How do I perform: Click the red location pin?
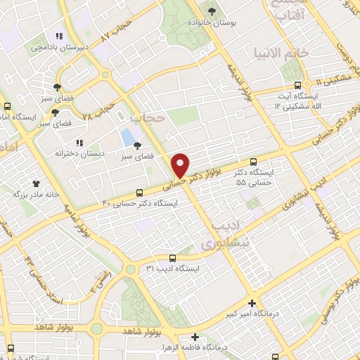181,165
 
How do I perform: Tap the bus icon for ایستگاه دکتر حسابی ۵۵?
254,160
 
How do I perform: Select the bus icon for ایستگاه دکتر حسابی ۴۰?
139,192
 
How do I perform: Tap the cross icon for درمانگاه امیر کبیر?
252,303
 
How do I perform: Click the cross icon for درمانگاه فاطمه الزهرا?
195,337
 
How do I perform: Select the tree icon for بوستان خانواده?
212,11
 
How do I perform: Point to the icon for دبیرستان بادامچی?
60,36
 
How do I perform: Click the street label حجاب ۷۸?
98,109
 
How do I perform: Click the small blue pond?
128,135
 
